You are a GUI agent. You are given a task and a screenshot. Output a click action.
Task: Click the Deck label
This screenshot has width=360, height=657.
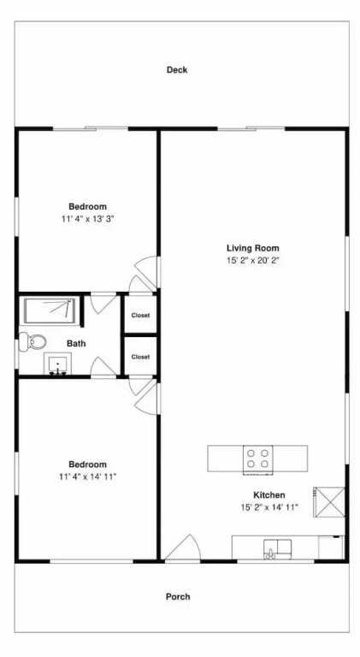[x=177, y=70]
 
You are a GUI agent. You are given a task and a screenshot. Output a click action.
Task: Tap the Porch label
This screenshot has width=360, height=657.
[x=178, y=596]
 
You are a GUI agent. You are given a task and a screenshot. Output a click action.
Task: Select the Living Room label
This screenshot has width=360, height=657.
[x=253, y=247]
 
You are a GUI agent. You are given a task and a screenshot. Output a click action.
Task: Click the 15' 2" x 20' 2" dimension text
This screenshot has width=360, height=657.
[x=253, y=260]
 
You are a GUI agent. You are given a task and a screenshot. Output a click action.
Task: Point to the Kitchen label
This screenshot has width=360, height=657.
[x=269, y=494]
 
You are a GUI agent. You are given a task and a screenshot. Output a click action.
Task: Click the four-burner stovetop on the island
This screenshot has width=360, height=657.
[x=258, y=459]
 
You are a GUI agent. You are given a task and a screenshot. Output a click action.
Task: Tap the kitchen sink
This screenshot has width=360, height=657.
[x=277, y=548]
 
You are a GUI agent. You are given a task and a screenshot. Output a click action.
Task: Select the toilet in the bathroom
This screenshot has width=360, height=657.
[x=32, y=342]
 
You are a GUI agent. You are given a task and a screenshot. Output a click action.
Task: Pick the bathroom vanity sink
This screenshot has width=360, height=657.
[x=57, y=364]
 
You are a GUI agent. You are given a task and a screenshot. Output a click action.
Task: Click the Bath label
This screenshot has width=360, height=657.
[x=76, y=344]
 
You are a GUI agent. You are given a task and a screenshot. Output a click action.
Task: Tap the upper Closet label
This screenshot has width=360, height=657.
[x=140, y=316]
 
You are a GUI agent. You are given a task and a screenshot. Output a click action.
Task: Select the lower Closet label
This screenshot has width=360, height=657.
[x=140, y=357]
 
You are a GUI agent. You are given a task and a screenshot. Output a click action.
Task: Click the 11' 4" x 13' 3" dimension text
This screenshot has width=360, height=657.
[x=87, y=219]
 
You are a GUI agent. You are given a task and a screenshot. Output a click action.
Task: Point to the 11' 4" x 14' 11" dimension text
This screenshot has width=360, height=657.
[x=87, y=476]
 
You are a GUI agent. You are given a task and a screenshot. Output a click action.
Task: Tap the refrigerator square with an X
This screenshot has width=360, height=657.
[x=329, y=502]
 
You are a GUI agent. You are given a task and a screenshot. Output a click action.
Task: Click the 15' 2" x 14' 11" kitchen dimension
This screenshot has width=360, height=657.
[x=269, y=507]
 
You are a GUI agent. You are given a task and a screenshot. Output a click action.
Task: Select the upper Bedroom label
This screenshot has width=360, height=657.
[x=87, y=206]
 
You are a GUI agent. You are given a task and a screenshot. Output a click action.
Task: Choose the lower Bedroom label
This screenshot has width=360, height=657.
[x=87, y=465]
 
